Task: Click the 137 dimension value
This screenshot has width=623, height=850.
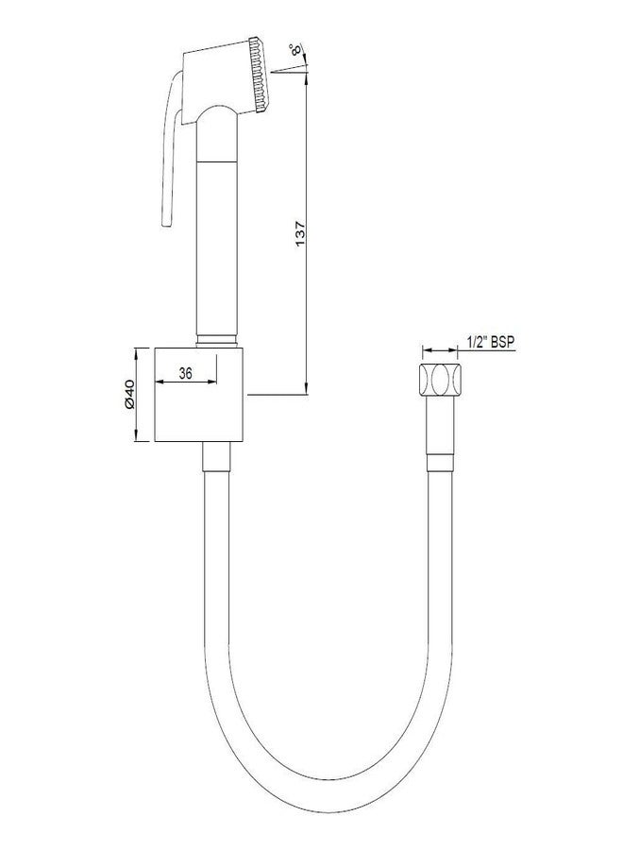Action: point(301,234)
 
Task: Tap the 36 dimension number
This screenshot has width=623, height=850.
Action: point(186,373)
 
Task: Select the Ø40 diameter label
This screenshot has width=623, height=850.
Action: point(128,394)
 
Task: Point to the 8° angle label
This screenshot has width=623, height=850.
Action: point(295,49)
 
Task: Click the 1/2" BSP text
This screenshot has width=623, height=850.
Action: point(491,342)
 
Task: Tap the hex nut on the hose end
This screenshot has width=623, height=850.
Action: point(439,381)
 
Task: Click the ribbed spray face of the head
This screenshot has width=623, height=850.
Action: point(260,75)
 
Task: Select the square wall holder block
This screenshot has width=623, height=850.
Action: point(200,395)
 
